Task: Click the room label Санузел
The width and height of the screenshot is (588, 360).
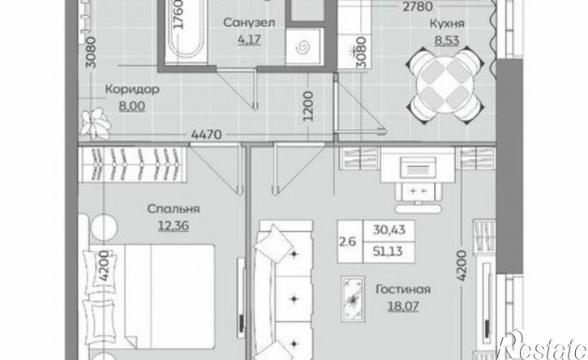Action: pos(249,24)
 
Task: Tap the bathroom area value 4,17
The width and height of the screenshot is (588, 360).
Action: pos(249,40)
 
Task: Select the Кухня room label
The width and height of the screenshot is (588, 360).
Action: pos(447,24)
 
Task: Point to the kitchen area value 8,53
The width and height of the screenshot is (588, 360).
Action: pos(447,40)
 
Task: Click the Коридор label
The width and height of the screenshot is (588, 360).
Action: pos(132,90)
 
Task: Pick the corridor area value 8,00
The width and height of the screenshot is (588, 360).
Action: pos(132,106)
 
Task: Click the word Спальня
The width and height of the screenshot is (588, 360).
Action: pos(174,208)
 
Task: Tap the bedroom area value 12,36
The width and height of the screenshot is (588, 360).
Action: pos(174,225)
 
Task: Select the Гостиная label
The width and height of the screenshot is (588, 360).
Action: pos(403,289)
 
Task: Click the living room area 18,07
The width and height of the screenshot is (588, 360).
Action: pos(403,306)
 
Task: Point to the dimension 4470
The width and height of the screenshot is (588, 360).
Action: pos(206,135)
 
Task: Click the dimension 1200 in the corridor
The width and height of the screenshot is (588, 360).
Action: pos(308,106)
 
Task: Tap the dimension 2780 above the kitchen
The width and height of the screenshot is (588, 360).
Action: pos(418,6)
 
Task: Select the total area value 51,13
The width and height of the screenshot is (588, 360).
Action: pos(388,251)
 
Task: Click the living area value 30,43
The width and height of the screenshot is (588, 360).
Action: pos(388,229)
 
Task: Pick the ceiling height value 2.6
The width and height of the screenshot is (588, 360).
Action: pos(347,242)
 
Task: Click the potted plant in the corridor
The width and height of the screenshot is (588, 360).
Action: pos(96,123)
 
